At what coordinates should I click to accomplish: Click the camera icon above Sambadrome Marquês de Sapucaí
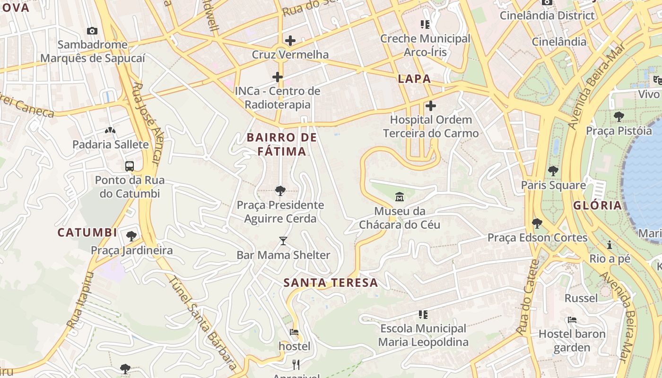pyautogui.click(x=92, y=31)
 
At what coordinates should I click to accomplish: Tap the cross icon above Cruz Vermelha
pyautogui.click(x=290, y=41)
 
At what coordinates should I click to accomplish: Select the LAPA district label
pyautogui.click(x=414, y=79)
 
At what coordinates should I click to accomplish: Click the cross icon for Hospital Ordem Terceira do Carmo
pyautogui.click(x=430, y=106)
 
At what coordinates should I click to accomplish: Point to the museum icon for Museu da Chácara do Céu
pyautogui.click(x=400, y=197)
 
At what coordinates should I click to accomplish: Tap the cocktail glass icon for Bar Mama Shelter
pyautogui.click(x=283, y=241)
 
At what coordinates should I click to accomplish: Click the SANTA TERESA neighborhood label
pyautogui.click(x=331, y=283)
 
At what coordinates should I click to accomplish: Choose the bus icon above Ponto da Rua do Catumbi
pyautogui.click(x=129, y=166)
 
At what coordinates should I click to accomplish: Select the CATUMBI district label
pyautogui.click(x=87, y=232)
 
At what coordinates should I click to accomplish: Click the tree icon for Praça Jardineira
pyautogui.click(x=131, y=236)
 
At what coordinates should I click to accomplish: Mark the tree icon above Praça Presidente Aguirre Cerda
pyautogui.click(x=280, y=191)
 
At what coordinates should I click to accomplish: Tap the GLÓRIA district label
pyautogui.click(x=597, y=206)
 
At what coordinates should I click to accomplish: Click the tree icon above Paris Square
pyautogui.click(x=553, y=171)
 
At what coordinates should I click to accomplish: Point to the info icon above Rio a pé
pyautogui.click(x=610, y=245)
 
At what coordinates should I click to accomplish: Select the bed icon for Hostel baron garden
pyautogui.click(x=572, y=320)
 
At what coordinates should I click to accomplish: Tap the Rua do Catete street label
pyautogui.click(x=529, y=298)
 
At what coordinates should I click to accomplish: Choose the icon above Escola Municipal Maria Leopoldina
pyautogui.click(x=423, y=314)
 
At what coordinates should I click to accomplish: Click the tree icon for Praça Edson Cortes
pyautogui.click(x=537, y=223)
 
